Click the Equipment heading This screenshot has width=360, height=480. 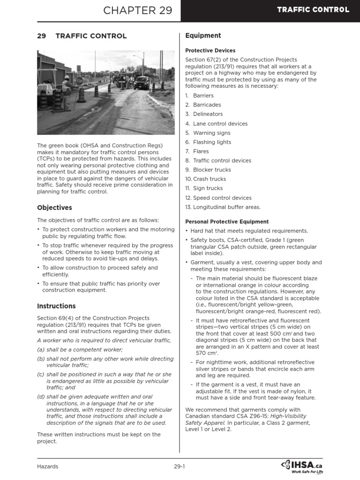[x=203, y=36]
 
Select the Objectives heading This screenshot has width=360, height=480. [x=54, y=207]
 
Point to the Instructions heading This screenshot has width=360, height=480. [x=56, y=306]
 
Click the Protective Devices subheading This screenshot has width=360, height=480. [x=210, y=51]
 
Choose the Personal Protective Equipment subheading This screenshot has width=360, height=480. [x=227, y=222]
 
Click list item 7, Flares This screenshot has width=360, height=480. [x=201, y=151]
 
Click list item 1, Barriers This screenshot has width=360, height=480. [x=203, y=96]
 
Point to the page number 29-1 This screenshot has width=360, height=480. [x=180, y=466]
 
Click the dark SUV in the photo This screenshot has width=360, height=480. [x=141, y=83]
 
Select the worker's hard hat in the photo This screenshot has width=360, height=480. [x=67, y=77]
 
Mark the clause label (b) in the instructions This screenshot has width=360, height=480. [x=41, y=359]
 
